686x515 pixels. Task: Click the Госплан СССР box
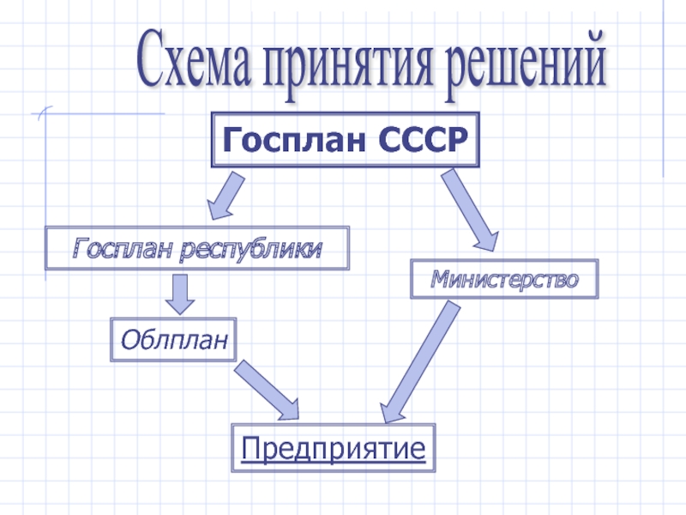pyautogui.click(x=345, y=138)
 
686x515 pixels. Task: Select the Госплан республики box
pyautogui.click(x=197, y=249)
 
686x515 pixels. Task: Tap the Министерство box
pyautogui.click(x=504, y=279)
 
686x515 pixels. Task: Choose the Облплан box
pyautogui.click(x=173, y=340)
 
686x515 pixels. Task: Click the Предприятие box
pyautogui.click(x=334, y=447)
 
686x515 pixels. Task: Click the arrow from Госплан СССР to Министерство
pyautogui.click(x=471, y=210)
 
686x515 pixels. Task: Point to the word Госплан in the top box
pyautogui.click(x=284, y=138)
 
